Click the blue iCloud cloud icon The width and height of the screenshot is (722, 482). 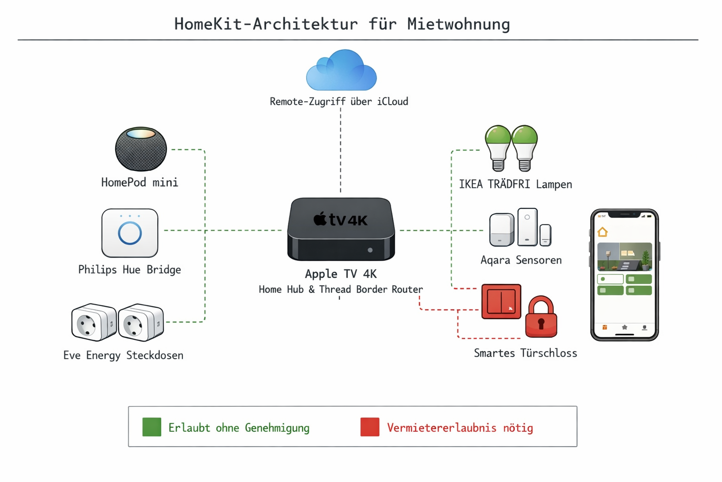coord(341,72)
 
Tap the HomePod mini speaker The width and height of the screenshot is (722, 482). coord(141,149)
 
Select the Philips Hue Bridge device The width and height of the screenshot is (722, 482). coord(130,233)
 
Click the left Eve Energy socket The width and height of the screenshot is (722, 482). coord(94,322)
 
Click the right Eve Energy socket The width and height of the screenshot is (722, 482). coord(141,322)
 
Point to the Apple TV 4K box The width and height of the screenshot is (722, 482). coord(341,230)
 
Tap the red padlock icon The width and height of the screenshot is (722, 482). coord(541,318)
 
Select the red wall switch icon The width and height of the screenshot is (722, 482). coord(501,302)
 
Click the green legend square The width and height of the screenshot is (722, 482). coord(152,427)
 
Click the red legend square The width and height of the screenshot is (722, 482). coord(370,427)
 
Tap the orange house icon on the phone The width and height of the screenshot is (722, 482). coord(603,232)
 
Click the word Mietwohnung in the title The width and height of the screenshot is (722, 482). coord(458,24)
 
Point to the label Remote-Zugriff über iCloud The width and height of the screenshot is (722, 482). coord(339,102)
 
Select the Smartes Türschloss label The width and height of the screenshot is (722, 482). coord(525,353)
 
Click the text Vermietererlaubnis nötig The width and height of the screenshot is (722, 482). coord(460,428)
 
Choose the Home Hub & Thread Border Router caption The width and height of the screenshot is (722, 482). coord(341,289)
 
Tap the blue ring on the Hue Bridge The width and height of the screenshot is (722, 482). coord(130,233)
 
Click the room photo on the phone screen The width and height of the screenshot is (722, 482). coord(624,257)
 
